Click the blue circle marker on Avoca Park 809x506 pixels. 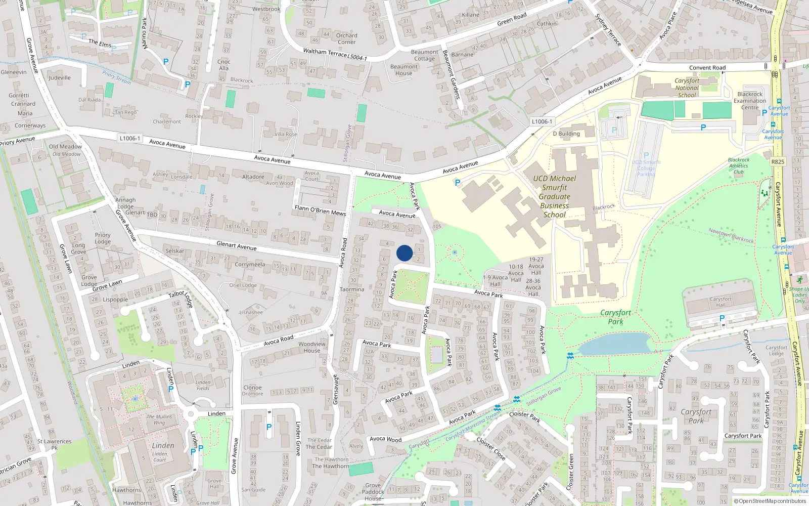coord(404,253)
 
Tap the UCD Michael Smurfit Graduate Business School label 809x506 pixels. coord(554,196)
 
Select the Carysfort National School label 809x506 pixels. coord(687,88)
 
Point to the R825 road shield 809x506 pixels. coord(778,162)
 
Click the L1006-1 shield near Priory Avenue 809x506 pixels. coord(130,138)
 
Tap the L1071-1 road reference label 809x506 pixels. coord(542,121)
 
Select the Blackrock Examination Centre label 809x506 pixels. coord(750,101)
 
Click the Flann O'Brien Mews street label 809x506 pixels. coord(320,210)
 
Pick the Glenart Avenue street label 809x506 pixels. coord(236,246)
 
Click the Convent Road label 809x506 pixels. coord(707,68)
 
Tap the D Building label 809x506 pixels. coord(566,134)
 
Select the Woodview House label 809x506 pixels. coord(312,347)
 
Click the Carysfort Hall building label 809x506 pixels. coord(721,302)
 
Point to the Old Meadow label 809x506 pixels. coord(65,147)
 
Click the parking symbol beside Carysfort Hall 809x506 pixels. coord(722,318)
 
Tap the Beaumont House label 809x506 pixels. coord(403,70)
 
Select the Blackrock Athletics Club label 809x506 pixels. coord(739,165)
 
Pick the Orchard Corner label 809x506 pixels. coord(346,38)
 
